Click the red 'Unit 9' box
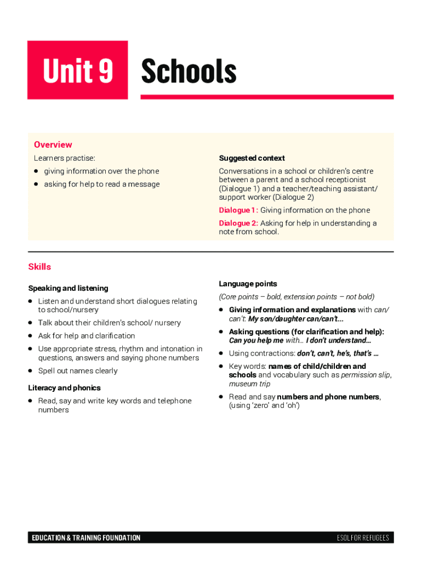pos(77,70)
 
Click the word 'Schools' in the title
pos(189,72)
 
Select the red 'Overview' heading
pos(53,144)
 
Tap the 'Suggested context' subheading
pos(252,158)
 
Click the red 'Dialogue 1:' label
pos(238,210)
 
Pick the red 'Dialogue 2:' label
pos(238,223)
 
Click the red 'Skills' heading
pos(39,267)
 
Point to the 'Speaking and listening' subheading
pos(68,288)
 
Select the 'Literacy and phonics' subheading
pos(64,388)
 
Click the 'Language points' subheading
pos(248,284)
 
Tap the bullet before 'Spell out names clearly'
pos(31,371)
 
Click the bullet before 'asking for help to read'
pos(36,184)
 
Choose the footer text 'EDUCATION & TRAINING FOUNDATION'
pos(86,538)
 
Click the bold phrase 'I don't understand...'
pos(338,340)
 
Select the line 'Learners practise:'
pos(64,158)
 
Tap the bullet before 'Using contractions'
pos(221,353)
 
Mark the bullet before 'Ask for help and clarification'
pos(31,336)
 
